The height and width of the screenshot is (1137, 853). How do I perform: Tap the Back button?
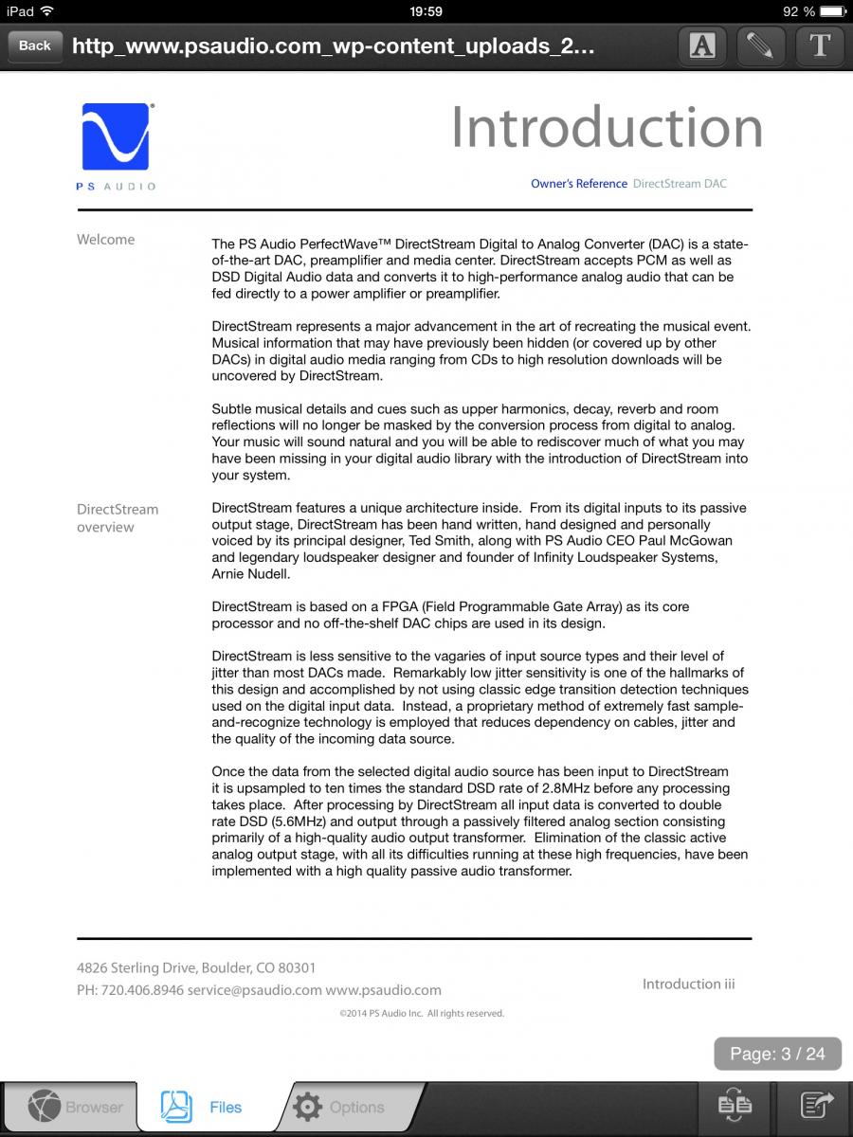coord(35,45)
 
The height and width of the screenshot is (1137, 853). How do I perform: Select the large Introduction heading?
coord(607,127)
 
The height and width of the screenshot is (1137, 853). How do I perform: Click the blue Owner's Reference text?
coord(578,184)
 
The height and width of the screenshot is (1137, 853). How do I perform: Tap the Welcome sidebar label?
coord(105,240)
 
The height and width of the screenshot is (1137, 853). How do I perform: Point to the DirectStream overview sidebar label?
coord(118,518)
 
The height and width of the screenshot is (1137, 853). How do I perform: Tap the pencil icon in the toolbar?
coord(760,45)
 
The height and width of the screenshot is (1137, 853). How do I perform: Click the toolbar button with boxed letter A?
coord(702,45)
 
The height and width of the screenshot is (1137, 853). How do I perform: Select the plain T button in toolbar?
coord(820,45)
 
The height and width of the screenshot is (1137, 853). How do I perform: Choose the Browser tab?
coord(76,1107)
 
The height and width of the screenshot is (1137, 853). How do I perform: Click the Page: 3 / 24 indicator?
coord(777,1054)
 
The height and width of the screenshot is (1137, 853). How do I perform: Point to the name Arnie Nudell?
coord(250,574)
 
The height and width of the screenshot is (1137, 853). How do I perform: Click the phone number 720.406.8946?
coord(141,990)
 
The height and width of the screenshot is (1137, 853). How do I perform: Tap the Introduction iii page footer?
coord(688,984)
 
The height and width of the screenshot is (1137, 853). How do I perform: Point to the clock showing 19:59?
coord(426,11)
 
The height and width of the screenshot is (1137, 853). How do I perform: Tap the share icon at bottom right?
coord(816,1105)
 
